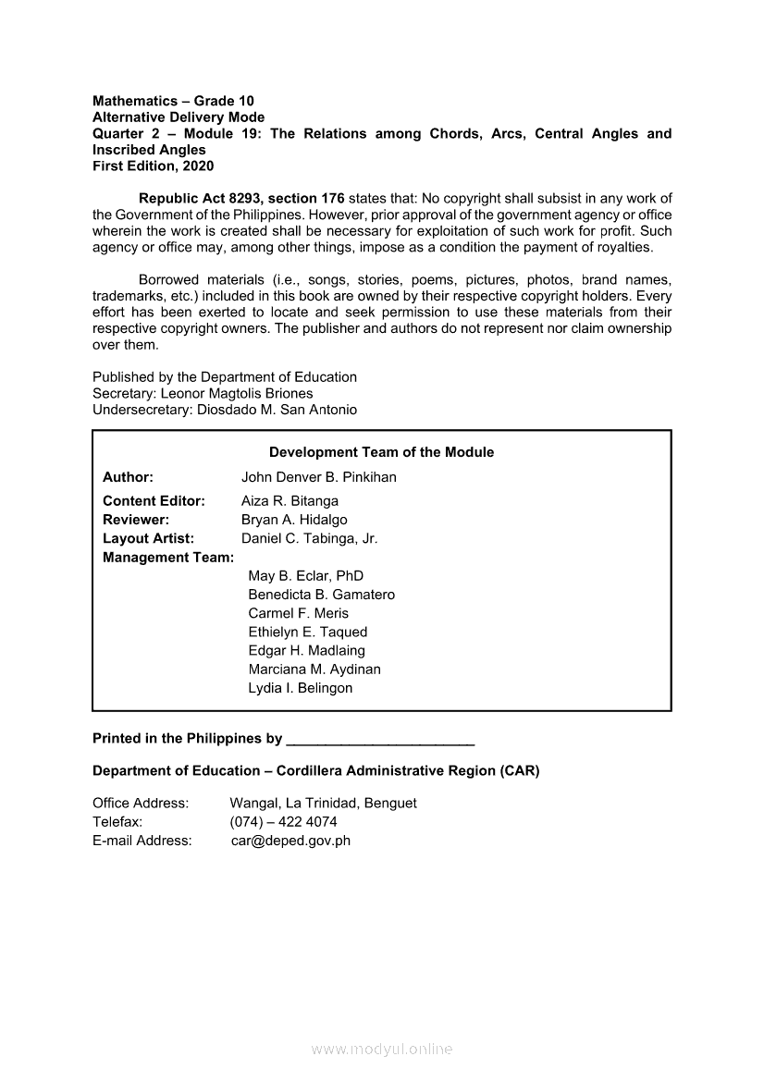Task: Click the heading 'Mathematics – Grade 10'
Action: [x=173, y=101]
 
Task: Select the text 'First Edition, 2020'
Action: [x=153, y=166]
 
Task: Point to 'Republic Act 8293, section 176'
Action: [x=241, y=198]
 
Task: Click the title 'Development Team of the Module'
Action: [x=381, y=452]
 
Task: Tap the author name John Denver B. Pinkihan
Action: [x=318, y=477]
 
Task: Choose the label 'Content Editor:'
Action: [x=154, y=501]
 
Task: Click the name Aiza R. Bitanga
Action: [x=290, y=501]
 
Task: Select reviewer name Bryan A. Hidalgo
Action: [x=294, y=520]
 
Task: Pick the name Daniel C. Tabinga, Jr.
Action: [x=309, y=538]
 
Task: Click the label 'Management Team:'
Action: [x=167, y=558]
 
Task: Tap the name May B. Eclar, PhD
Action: [x=305, y=576]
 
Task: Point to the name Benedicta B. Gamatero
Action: [x=321, y=595]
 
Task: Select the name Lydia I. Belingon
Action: [x=300, y=688]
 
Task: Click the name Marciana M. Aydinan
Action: [x=314, y=669]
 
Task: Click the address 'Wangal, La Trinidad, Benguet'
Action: [x=323, y=803]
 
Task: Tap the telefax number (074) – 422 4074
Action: [x=283, y=821]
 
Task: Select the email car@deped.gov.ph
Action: [x=290, y=841]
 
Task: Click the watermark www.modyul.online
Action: [x=382, y=1049]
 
